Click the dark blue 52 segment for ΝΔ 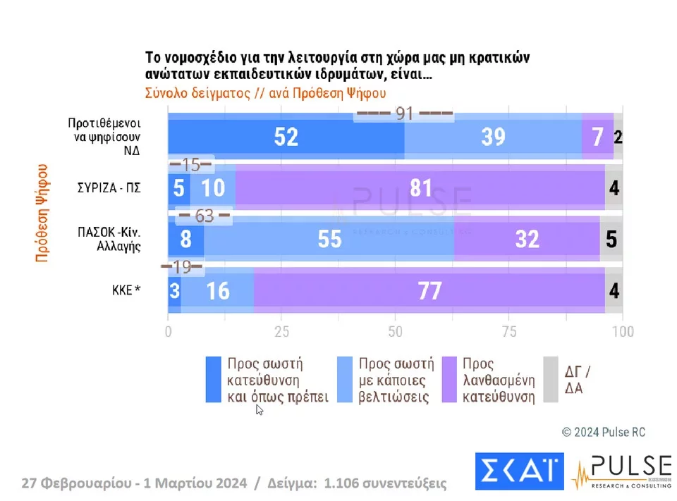286,137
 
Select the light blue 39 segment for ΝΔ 493,137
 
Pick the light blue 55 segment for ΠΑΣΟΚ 329,239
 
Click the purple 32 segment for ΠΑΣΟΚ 527,239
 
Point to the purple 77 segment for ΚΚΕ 429,290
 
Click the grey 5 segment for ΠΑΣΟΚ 611,239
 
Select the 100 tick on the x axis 622,331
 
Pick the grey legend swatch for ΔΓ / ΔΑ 550,380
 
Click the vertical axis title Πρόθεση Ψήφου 42,214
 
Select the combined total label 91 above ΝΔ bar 404,113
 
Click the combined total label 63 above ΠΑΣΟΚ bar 204,216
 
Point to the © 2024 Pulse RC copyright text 603,432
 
